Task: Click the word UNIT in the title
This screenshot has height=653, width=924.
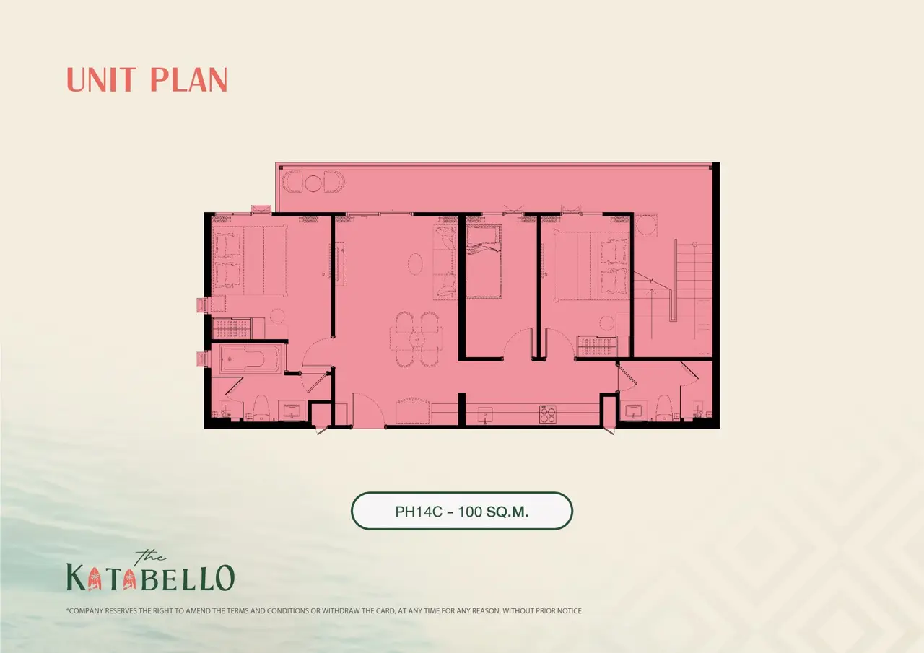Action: tap(102, 79)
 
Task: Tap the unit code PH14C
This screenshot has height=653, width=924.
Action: tap(418, 512)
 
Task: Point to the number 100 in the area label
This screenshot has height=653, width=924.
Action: tap(470, 512)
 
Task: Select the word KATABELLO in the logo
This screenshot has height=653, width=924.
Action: tap(151, 577)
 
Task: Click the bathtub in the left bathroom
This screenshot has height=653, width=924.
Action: tap(249, 359)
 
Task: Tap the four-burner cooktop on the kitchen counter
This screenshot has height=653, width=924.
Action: tap(547, 415)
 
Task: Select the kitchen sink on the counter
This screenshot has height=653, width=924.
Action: tap(485, 414)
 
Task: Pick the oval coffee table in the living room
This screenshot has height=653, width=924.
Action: tap(415, 263)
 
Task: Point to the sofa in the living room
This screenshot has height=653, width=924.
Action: tap(445, 262)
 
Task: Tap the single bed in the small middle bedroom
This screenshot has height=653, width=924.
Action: tap(484, 261)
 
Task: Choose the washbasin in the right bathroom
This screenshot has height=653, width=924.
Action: tap(633, 411)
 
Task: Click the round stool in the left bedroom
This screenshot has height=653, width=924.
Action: tap(277, 316)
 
